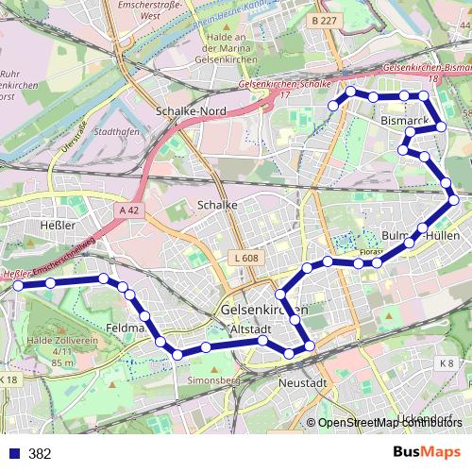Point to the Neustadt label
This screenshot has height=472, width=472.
click(302, 383)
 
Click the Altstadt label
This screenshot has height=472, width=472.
click(251, 329)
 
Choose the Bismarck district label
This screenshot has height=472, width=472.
click(405, 123)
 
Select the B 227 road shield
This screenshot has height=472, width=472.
click(323, 19)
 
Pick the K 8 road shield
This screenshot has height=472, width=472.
click(447, 362)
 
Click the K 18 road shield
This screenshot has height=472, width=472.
click(8, 379)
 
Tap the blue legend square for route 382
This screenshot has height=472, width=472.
click(12, 453)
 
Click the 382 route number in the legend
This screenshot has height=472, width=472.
click(40, 453)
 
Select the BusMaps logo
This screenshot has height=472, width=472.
click(427, 452)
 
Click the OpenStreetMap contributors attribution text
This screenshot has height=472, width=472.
click(390, 423)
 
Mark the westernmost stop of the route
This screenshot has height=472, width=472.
click(17, 284)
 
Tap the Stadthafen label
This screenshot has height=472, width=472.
click(118, 132)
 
